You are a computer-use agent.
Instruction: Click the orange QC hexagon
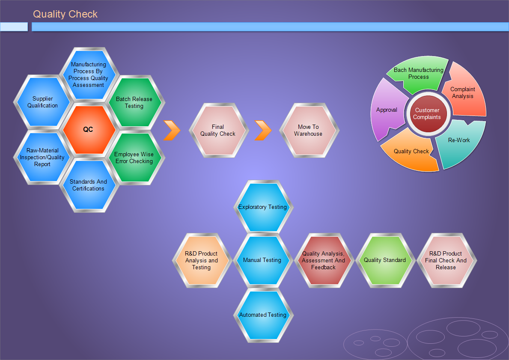tap(88, 130)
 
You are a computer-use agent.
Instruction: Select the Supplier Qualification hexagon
tap(42, 102)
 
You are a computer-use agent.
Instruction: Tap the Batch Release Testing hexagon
tap(135, 103)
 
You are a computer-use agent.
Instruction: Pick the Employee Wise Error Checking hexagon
tap(135, 158)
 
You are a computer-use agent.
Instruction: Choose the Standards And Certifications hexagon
tap(88, 185)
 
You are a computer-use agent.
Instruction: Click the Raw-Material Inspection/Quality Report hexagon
tap(42, 157)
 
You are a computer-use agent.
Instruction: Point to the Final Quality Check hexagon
tap(218, 130)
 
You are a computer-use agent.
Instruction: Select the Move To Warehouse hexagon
tap(309, 130)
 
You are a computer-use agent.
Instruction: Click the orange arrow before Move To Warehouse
tap(263, 130)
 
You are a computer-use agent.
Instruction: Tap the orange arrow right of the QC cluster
tap(172, 130)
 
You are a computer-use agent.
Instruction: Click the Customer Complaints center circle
tap(427, 114)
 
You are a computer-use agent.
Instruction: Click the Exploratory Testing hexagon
tap(263, 207)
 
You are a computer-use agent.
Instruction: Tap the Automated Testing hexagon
tap(263, 315)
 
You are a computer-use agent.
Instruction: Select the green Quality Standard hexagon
tap(385, 260)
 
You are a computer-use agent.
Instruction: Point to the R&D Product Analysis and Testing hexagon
tap(202, 260)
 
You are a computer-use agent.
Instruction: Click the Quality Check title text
tap(65, 14)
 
